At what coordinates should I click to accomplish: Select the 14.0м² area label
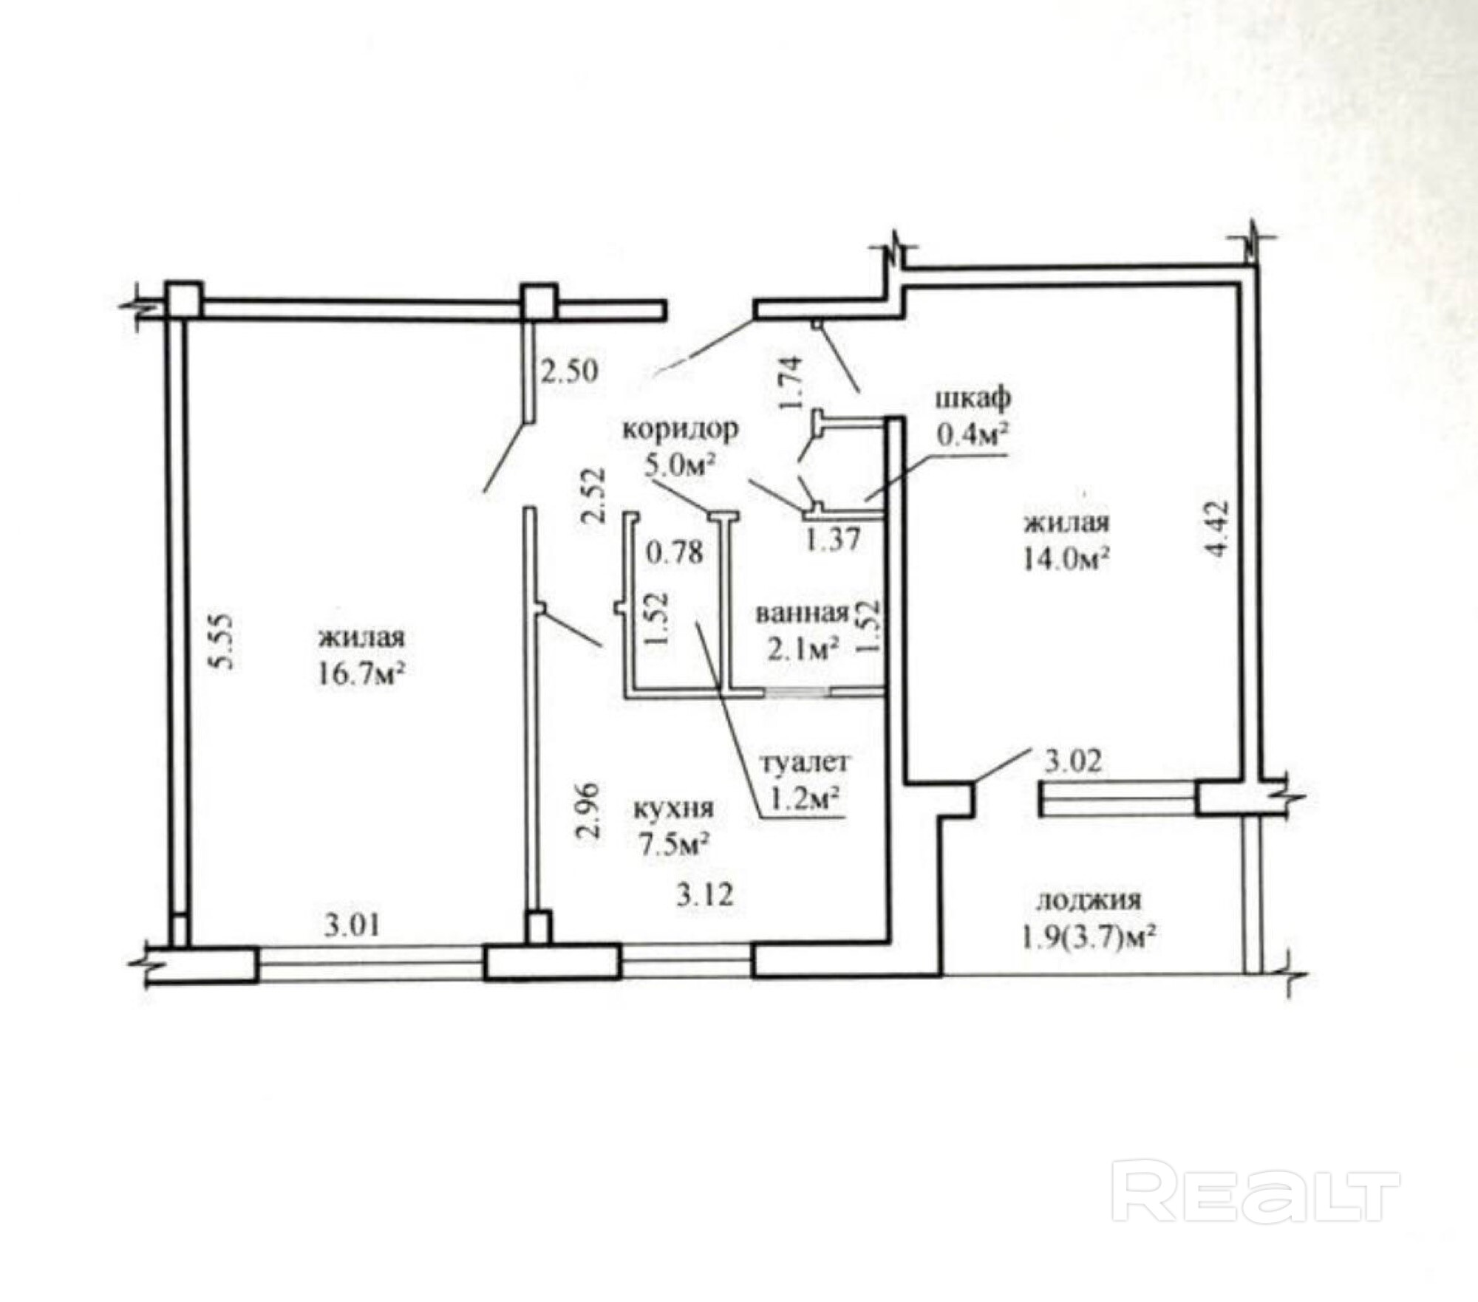tap(1066, 559)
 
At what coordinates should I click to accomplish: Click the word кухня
tap(675, 809)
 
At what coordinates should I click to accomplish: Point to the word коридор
tap(680, 430)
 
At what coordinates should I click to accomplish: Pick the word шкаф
tap(973, 400)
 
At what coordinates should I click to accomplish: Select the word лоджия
tap(1089, 901)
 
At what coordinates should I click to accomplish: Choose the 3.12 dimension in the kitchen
tap(705, 894)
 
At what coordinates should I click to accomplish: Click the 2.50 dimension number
tap(569, 371)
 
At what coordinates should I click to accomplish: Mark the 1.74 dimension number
tap(791, 383)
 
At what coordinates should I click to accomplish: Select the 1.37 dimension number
tap(833, 540)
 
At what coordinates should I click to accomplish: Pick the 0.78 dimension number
tap(674, 552)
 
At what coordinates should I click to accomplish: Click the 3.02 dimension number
tap(1072, 761)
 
